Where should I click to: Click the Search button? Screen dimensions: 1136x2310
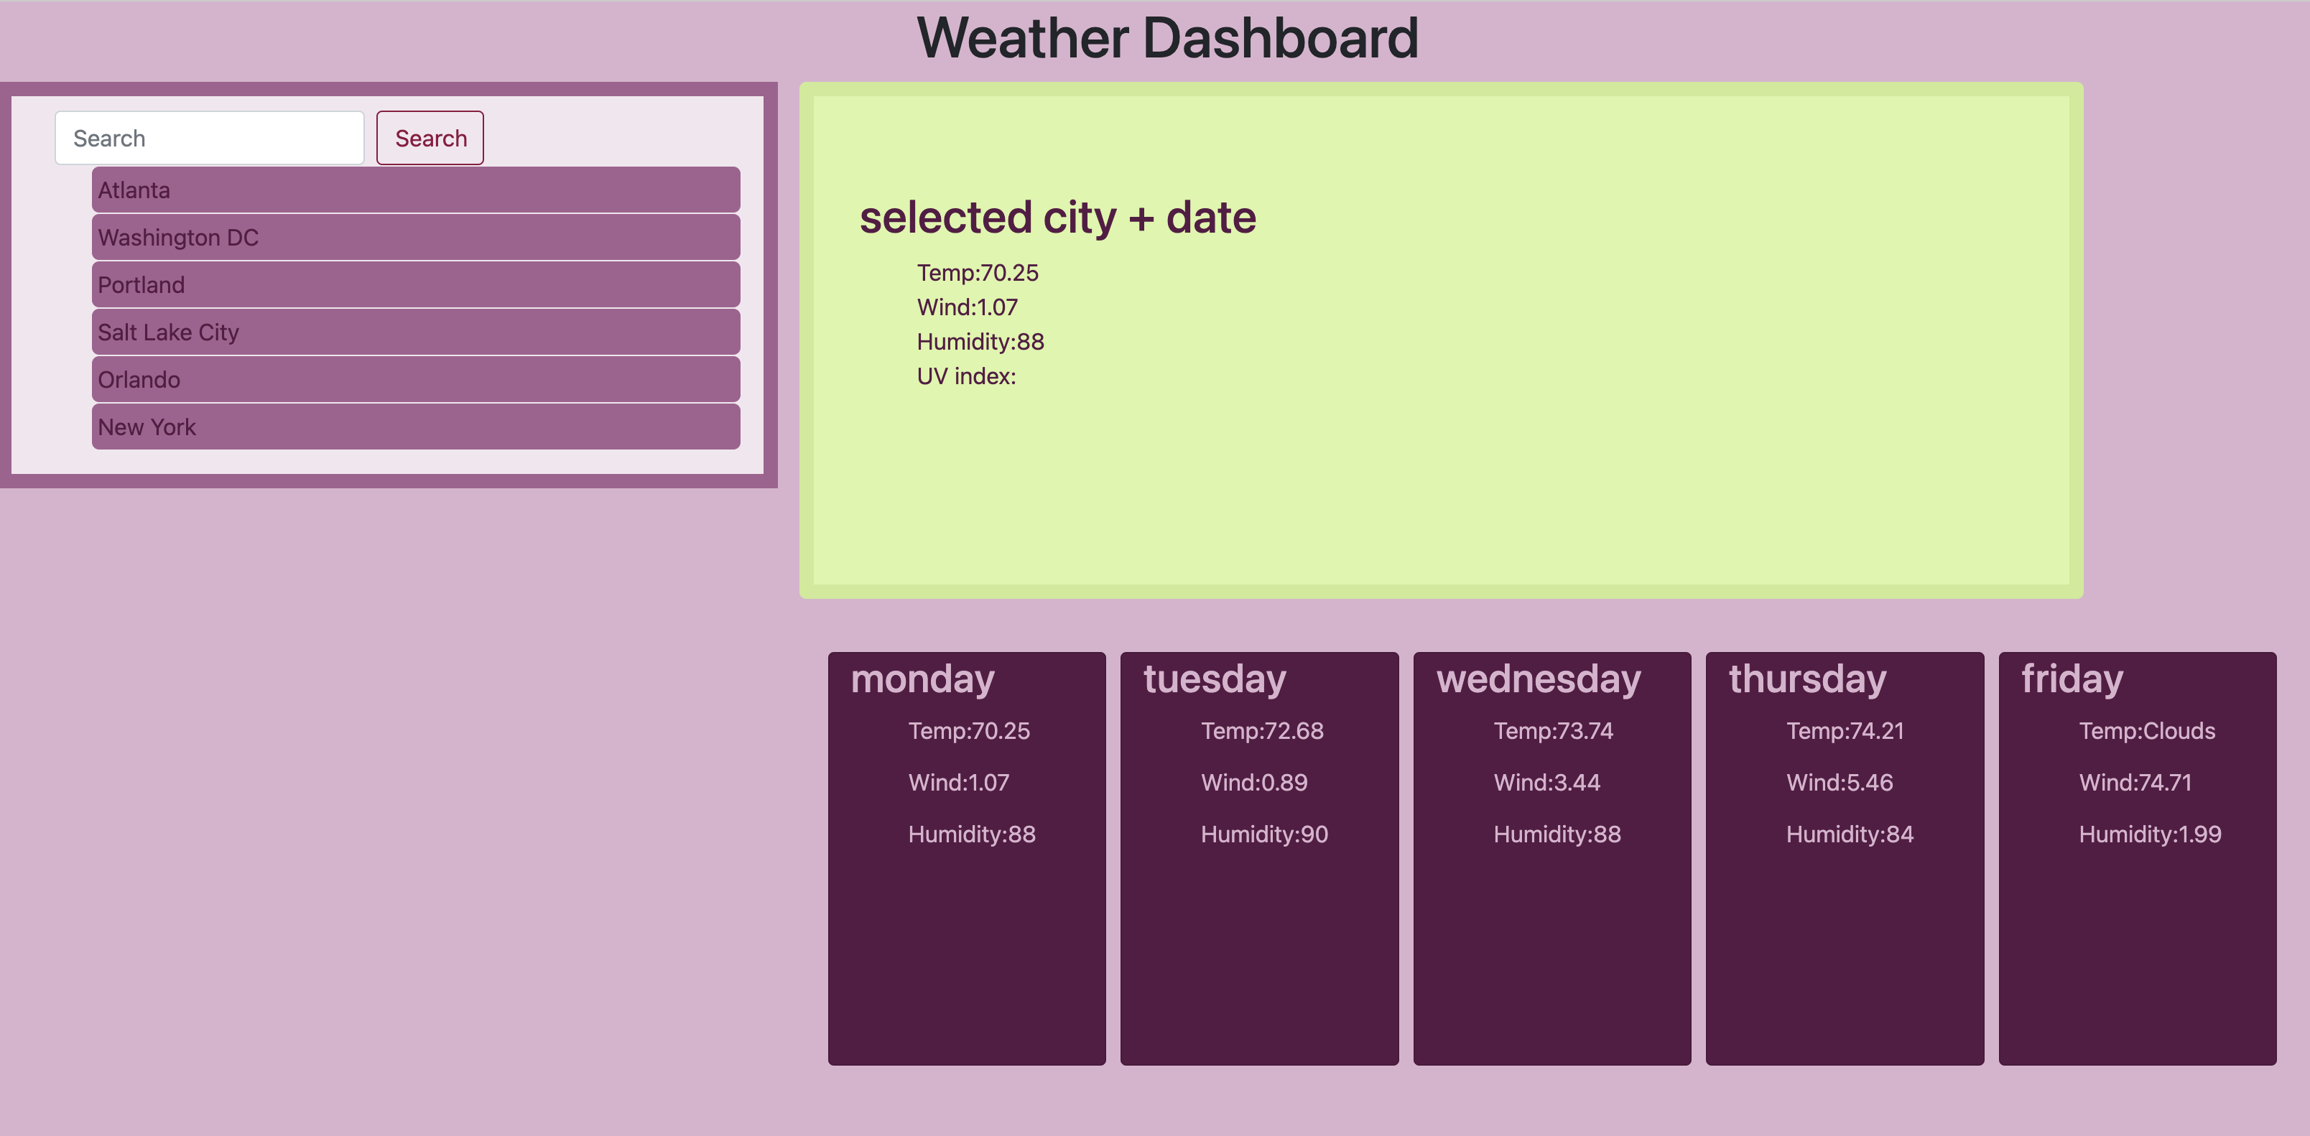click(x=430, y=138)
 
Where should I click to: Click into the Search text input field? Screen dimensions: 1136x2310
click(x=209, y=138)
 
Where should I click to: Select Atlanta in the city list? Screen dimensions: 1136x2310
click(x=415, y=190)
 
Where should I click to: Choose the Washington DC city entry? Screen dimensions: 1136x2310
click(x=415, y=238)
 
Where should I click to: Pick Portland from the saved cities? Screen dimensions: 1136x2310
click(x=415, y=285)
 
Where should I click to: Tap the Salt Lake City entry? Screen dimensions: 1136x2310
click(x=415, y=332)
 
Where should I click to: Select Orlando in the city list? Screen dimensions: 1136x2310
click(x=415, y=380)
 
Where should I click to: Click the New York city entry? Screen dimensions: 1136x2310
click(x=415, y=427)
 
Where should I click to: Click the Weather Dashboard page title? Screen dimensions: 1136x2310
click(x=1166, y=39)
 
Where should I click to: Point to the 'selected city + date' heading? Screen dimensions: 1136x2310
click(x=1057, y=218)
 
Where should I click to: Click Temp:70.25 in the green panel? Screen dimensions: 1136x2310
click(x=977, y=273)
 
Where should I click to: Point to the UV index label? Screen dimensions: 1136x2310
click(x=966, y=376)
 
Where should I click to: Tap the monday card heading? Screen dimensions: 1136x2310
click(x=922, y=679)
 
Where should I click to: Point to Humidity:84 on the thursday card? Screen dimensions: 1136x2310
click(x=1849, y=834)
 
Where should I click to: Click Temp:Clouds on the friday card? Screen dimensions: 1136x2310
click(x=2146, y=731)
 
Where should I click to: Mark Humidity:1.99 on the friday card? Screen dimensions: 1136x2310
click(x=2150, y=834)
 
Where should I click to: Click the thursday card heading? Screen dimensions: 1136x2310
click(x=1807, y=679)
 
